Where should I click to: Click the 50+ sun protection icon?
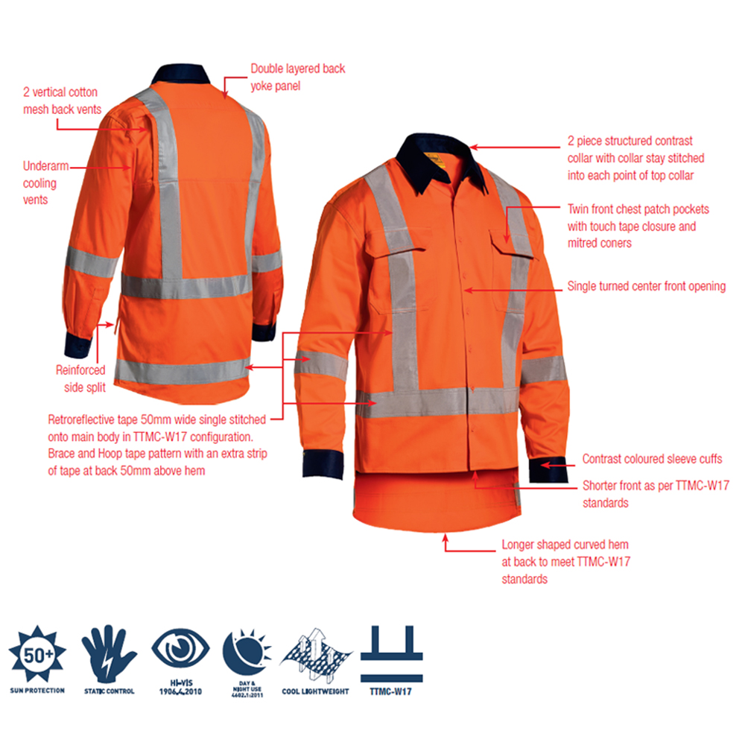point(37,655)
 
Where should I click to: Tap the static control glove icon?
point(109,654)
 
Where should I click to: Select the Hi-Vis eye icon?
point(180,648)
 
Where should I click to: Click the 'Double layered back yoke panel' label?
point(297,77)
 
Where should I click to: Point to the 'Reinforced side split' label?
point(80,378)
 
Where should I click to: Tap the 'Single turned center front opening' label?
point(646,286)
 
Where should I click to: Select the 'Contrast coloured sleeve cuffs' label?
point(652,458)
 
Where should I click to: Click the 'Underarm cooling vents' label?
point(45,183)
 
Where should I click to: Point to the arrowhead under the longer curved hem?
point(446,538)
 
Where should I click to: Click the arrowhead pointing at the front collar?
point(474,148)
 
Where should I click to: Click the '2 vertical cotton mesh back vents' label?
point(62,101)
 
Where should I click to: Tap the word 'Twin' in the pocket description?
point(577,209)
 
